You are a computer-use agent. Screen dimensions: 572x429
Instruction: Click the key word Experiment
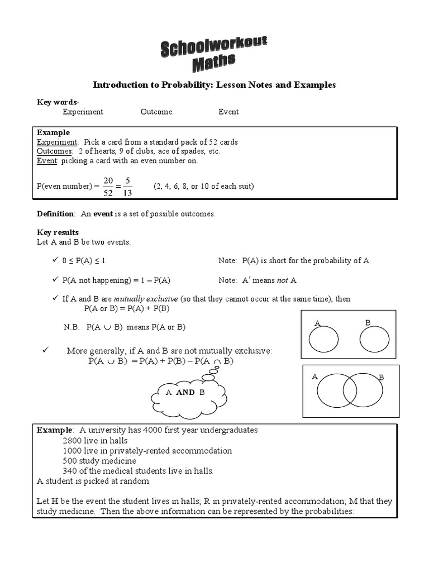point(83,112)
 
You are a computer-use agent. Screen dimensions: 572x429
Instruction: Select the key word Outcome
point(156,112)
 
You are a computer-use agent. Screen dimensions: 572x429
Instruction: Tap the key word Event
point(228,112)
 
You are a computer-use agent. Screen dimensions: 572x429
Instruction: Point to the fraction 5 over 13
point(128,186)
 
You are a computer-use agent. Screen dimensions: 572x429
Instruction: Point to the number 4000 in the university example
point(154,430)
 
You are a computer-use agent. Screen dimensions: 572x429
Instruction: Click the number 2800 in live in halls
point(73,441)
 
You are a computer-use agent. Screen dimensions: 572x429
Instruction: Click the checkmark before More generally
point(46,350)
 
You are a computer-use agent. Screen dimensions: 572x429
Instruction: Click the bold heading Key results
point(58,232)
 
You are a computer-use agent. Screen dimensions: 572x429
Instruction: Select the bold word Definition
point(55,214)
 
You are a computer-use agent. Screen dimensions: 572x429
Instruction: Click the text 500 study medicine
point(99,461)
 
